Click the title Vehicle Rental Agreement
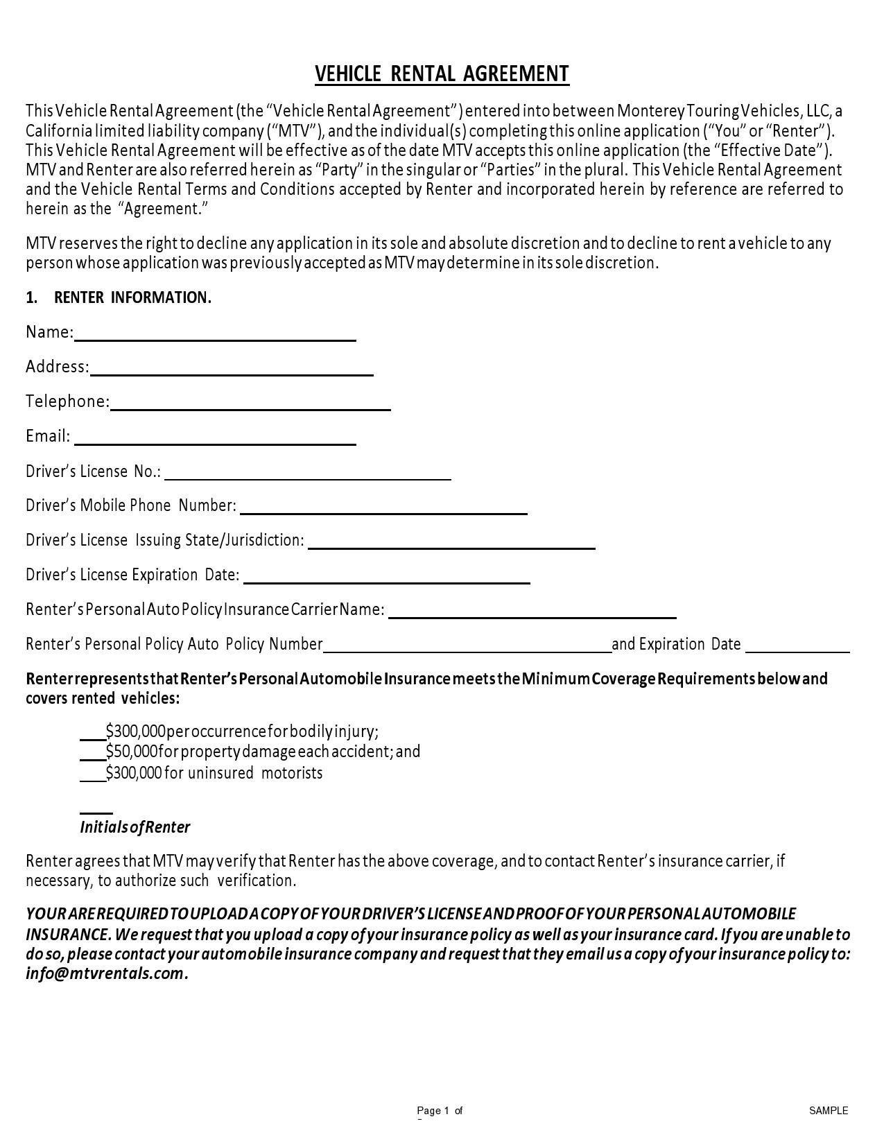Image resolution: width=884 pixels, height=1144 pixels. [442, 73]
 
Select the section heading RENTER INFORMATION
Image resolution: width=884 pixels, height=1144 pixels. [132, 297]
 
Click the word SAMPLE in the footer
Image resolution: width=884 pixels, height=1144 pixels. [829, 1110]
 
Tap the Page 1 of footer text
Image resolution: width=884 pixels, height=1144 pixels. [440, 1110]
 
